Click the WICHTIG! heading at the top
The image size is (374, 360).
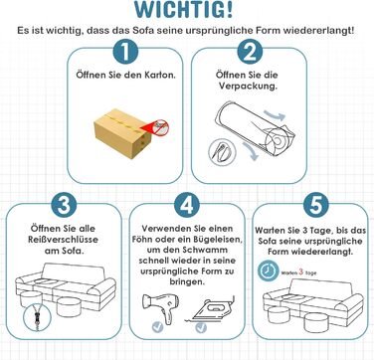[x=183, y=9]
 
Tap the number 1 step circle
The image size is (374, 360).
[x=125, y=52]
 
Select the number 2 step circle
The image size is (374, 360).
[x=250, y=52]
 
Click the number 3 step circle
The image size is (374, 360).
[x=64, y=206]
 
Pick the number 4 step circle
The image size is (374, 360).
[x=187, y=206]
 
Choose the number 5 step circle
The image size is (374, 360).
[x=315, y=206]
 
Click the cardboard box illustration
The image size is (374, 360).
[x=122, y=133]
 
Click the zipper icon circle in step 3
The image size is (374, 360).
[x=35, y=317]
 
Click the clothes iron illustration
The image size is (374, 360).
[x=211, y=309]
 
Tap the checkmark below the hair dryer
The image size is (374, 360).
[x=158, y=327]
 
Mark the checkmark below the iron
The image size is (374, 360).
[x=201, y=327]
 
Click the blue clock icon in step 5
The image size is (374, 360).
[x=268, y=271]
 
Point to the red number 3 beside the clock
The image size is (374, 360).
[x=301, y=271]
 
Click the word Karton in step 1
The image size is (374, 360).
[x=160, y=75]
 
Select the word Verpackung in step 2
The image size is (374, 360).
[x=248, y=87]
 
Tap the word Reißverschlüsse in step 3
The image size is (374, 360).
[x=64, y=240]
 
